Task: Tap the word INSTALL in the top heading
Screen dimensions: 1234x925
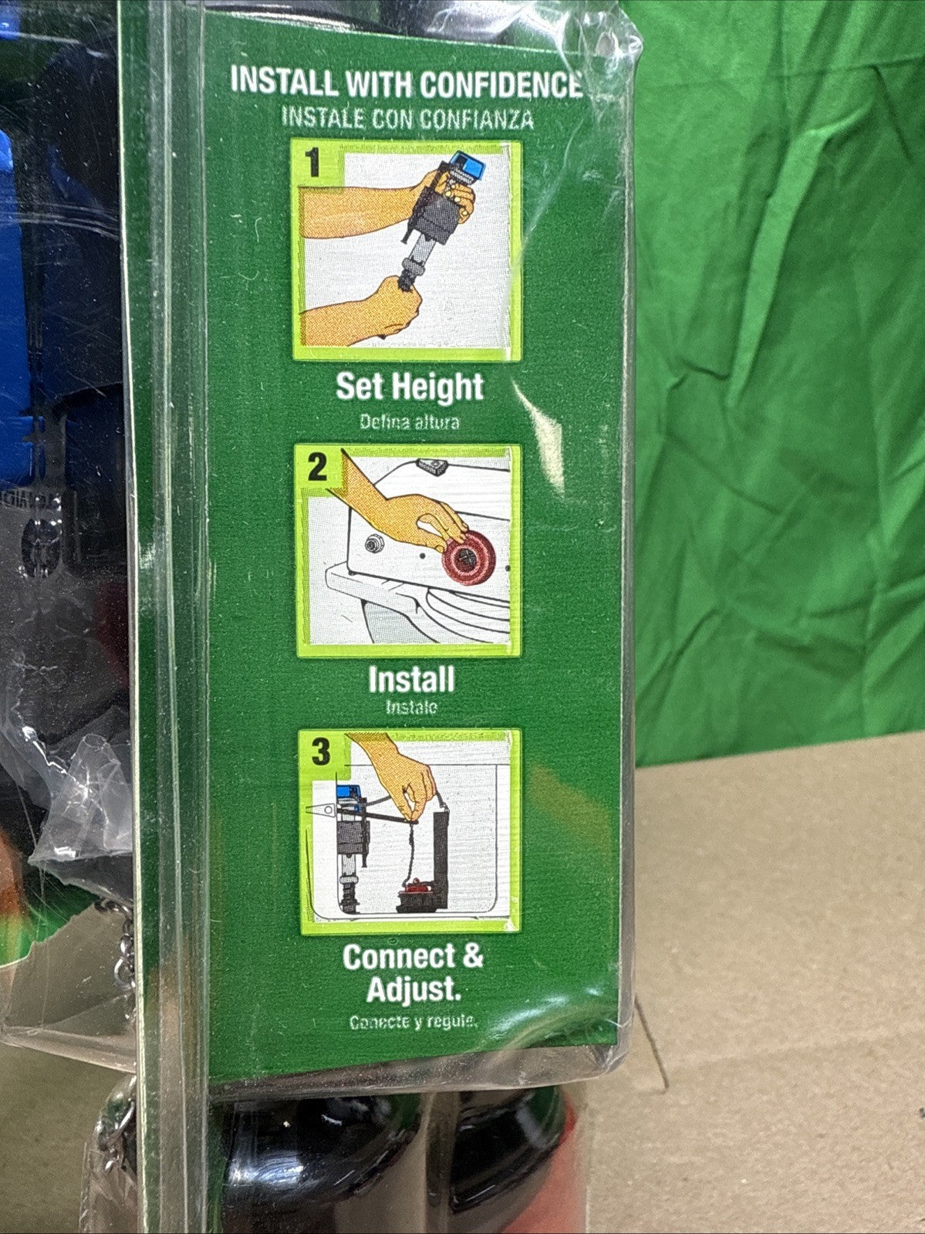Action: tap(284, 82)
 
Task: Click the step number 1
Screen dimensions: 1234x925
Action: tap(312, 164)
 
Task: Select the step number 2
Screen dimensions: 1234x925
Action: tap(317, 468)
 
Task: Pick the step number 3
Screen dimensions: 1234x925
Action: tap(320, 752)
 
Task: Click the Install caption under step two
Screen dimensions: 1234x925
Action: tap(411, 680)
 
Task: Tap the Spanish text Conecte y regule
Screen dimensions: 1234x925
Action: tap(414, 1023)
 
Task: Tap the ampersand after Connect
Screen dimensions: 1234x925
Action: tap(472, 956)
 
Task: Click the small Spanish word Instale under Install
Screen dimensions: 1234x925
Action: tap(411, 707)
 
